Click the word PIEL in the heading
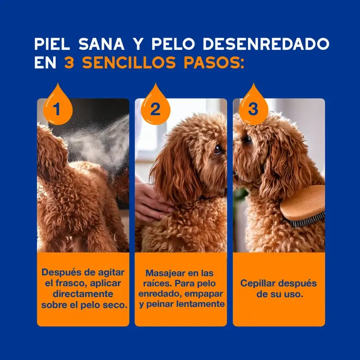pyautogui.click(x=52, y=44)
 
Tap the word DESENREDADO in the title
pyautogui.click(x=266, y=44)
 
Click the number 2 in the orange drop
pyautogui.click(x=155, y=109)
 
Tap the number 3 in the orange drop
pyautogui.click(x=253, y=109)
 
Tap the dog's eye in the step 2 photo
pyautogui.click(x=218, y=149)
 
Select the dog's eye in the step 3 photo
pyautogui.click(x=248, y=139)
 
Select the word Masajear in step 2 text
pyautogui.click(x=165, y=273)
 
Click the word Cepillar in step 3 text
pyautogui.click(x=259, y=283)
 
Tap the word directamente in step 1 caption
pyautogui.click(x=83, y=294)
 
